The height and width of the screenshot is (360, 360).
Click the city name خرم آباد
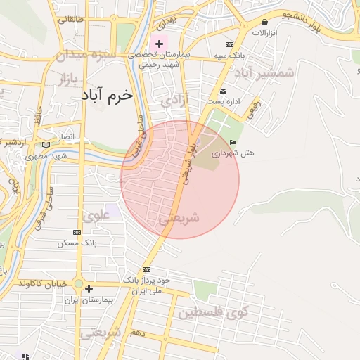pos(106,96)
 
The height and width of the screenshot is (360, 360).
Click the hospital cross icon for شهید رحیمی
pos(160,44)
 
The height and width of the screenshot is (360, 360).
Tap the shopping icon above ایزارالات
pos(265,22)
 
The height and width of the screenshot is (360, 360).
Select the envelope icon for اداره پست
pos(224,91)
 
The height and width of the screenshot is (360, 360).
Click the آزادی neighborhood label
pos(175,101)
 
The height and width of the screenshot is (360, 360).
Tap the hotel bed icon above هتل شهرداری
pos(233,143)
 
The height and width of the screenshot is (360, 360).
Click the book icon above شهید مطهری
pos(46,144)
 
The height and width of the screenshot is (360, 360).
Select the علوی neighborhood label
pos(98,215)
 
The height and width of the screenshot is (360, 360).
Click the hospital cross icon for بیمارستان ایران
pos(89,288)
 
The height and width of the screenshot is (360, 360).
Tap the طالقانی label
pos(71,20)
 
